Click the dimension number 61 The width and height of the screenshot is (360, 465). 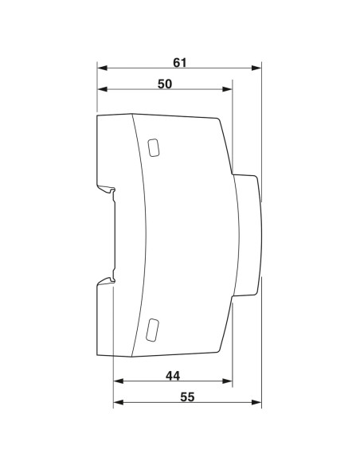(181, 61)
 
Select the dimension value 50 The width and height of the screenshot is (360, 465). (165, 84)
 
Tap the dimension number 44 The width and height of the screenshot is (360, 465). (172, 374)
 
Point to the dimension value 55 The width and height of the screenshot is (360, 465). (187, 396)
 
